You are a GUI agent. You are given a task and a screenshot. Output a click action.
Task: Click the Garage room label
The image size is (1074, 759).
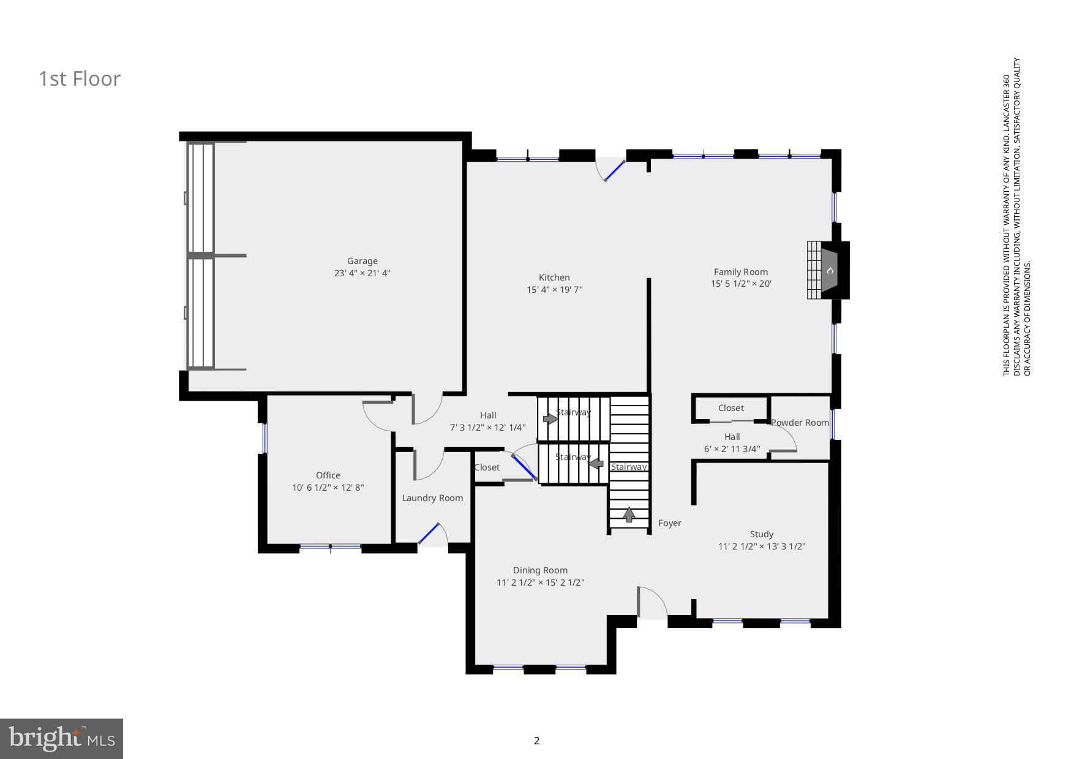pos(362,261)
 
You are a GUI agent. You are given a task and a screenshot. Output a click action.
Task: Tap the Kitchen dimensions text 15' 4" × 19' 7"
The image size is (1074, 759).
pos(554,290)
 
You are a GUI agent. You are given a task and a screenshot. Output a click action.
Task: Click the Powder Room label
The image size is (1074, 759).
pos(800,423)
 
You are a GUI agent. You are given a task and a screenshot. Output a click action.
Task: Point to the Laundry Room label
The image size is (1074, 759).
pos(432,498)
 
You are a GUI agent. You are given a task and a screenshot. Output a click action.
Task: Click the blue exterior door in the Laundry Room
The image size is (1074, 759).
pos(429,534)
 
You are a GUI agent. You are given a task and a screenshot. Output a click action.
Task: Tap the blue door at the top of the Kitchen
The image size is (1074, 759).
pos(614,171)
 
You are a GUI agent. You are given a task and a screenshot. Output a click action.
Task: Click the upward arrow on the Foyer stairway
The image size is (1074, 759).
pos(629,515)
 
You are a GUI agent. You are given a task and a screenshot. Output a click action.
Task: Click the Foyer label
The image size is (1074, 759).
pos(669,523)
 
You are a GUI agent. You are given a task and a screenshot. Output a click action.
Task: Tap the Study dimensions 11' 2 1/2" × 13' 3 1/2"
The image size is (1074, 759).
pos(761,546)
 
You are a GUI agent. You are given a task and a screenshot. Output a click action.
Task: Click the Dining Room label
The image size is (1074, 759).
pos(540,570)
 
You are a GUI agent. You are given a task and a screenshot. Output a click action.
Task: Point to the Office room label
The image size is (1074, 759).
pos(328,475)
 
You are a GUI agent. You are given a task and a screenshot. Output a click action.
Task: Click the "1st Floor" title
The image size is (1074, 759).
pos(80,79)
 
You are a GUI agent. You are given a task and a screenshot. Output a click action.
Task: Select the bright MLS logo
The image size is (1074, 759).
pos(61,738)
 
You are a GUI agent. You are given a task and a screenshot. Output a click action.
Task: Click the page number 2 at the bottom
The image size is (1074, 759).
pos(537,741)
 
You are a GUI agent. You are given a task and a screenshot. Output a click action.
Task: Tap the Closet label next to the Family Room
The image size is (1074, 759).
pos(730,408)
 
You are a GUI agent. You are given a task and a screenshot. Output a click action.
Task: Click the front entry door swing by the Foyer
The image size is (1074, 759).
pos(653,603)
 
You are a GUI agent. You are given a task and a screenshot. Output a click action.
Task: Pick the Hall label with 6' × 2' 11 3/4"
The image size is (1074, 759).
pos(732,437)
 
